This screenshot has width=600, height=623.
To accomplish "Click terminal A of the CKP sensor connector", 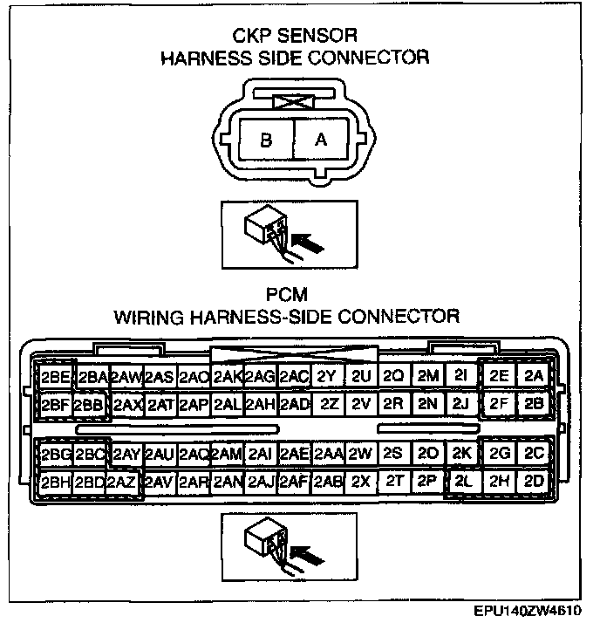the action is tap(321, 139).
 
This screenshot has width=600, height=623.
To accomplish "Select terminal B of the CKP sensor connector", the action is tap(266, 139).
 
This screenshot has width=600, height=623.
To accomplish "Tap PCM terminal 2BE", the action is tap(56, 377).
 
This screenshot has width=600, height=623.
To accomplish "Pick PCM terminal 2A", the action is tap(534, 376).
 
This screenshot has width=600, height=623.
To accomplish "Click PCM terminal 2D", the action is tap(534, 481).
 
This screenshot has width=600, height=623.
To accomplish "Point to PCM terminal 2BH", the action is tap(56, 482).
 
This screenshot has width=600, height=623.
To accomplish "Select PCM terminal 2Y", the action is tap(326, 376).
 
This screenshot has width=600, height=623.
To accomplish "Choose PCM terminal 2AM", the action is tap(227, 454).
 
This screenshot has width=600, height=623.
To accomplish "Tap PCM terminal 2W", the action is tap(360, 454).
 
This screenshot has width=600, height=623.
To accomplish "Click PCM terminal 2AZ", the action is tap(122, 482).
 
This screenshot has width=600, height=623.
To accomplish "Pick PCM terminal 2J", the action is tap(462, 404).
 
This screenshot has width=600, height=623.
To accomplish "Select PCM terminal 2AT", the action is tap(160, 405).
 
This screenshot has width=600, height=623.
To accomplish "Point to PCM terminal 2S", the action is tap(393, 454).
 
